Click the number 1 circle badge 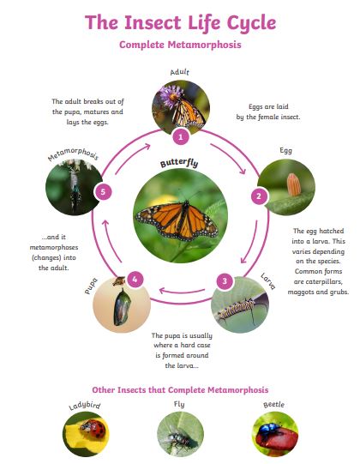pyautogui.click(x=181, y=136)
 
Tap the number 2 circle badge pyautogui.click(x=259, y=196)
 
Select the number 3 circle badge pyautogui.click(x=225, y=280)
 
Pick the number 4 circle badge pyautogui.click(x=135, y=279)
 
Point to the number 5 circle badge pyautogui.click(x=103, y=192)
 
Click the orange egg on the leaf pyautogui.click(x=293, y=184)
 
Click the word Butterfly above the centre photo pyautogui.click(x=179, y=163)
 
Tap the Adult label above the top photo pyautogui.click(x=179, y=72)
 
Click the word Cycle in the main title pyautogui.click(x=251, y=23)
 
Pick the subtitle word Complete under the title pyautogui.click(x=141, y=45)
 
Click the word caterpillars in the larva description pyautogui.click(x=318, y=281)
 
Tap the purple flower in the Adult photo pyautogui.click(x=171, y=95)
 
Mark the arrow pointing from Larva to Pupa pyautogui.click(x=182, y=292)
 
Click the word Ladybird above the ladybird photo pyautogui.click(x=85, y=406)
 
